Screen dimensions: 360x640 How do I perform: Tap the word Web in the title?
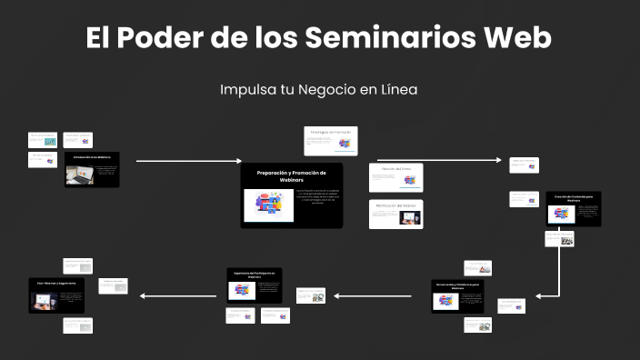pyautogui.click(x=518, y=38)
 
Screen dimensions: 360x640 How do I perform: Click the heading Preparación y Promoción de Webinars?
pyautogui.click(x=292, y=175)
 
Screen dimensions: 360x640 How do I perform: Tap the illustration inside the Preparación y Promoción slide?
pyautogui.click(x=269, y=206)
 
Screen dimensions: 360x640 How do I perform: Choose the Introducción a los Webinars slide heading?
pyautogui.click(x=92, y=158)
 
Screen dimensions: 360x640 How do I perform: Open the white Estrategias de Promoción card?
pyautogui.click(x=330, y=140)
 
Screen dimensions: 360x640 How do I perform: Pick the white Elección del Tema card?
pyautogui.click(x=396, y=177)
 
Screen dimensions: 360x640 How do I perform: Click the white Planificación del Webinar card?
pyautogui.click(x=396, y=214)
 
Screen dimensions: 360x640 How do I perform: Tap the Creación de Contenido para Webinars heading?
pyautogui.click(x=574, y=198)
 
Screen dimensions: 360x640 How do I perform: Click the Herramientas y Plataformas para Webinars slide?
pyautogui.click(x=460, y=296)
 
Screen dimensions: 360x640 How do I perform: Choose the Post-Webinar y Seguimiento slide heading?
pyautogui.click(x=56, y=284)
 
